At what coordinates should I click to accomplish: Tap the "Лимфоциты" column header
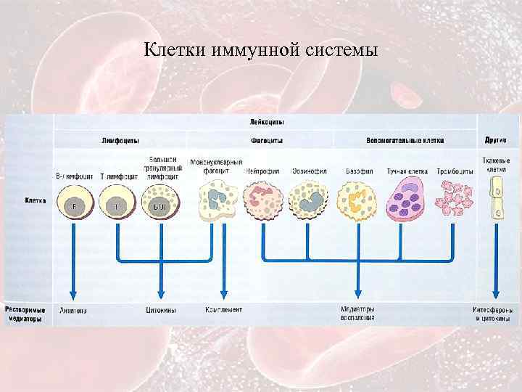[120, 140]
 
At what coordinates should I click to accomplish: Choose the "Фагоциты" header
[268, 140]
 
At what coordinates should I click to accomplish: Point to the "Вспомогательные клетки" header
[405, 140]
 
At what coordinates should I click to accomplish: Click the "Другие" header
[497, 140]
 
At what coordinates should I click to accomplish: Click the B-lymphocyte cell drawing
[73, 201]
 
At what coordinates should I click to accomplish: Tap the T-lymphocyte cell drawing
[115, 201]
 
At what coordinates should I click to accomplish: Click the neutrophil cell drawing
[263, 200]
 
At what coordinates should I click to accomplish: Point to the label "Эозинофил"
[309, 171]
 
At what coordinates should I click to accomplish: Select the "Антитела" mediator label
[73, 310]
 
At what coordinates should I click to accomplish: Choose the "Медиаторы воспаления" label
[357, 313]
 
